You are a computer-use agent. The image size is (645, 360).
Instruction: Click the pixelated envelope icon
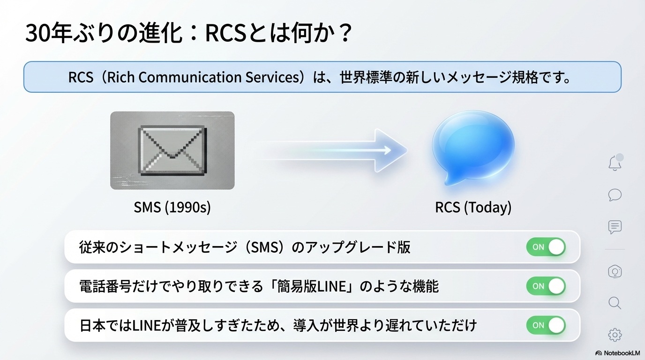point(172,150)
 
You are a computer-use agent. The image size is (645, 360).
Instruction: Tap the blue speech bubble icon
point(473,148)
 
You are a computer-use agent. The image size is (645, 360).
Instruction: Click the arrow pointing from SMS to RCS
point(331,150)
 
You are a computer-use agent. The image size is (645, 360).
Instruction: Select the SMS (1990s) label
point(172,207)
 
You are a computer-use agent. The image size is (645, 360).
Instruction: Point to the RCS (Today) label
point(473,207)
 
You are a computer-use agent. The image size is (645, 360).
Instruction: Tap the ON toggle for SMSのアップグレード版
point(546,247)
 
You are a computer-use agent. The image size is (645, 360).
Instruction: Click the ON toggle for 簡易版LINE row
point(546,286)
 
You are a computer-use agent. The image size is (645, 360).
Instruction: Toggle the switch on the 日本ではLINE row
point(546,325)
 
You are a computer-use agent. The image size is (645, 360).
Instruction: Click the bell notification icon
point(615,163)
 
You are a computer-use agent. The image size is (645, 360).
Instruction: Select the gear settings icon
point(615,335)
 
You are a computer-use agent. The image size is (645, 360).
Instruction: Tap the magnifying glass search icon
point(615,303)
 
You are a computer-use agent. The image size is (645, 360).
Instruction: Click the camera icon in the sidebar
point(615,271)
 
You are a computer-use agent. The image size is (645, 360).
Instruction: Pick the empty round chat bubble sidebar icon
point(615,195)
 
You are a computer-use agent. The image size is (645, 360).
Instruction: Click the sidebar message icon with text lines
point(615,227)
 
